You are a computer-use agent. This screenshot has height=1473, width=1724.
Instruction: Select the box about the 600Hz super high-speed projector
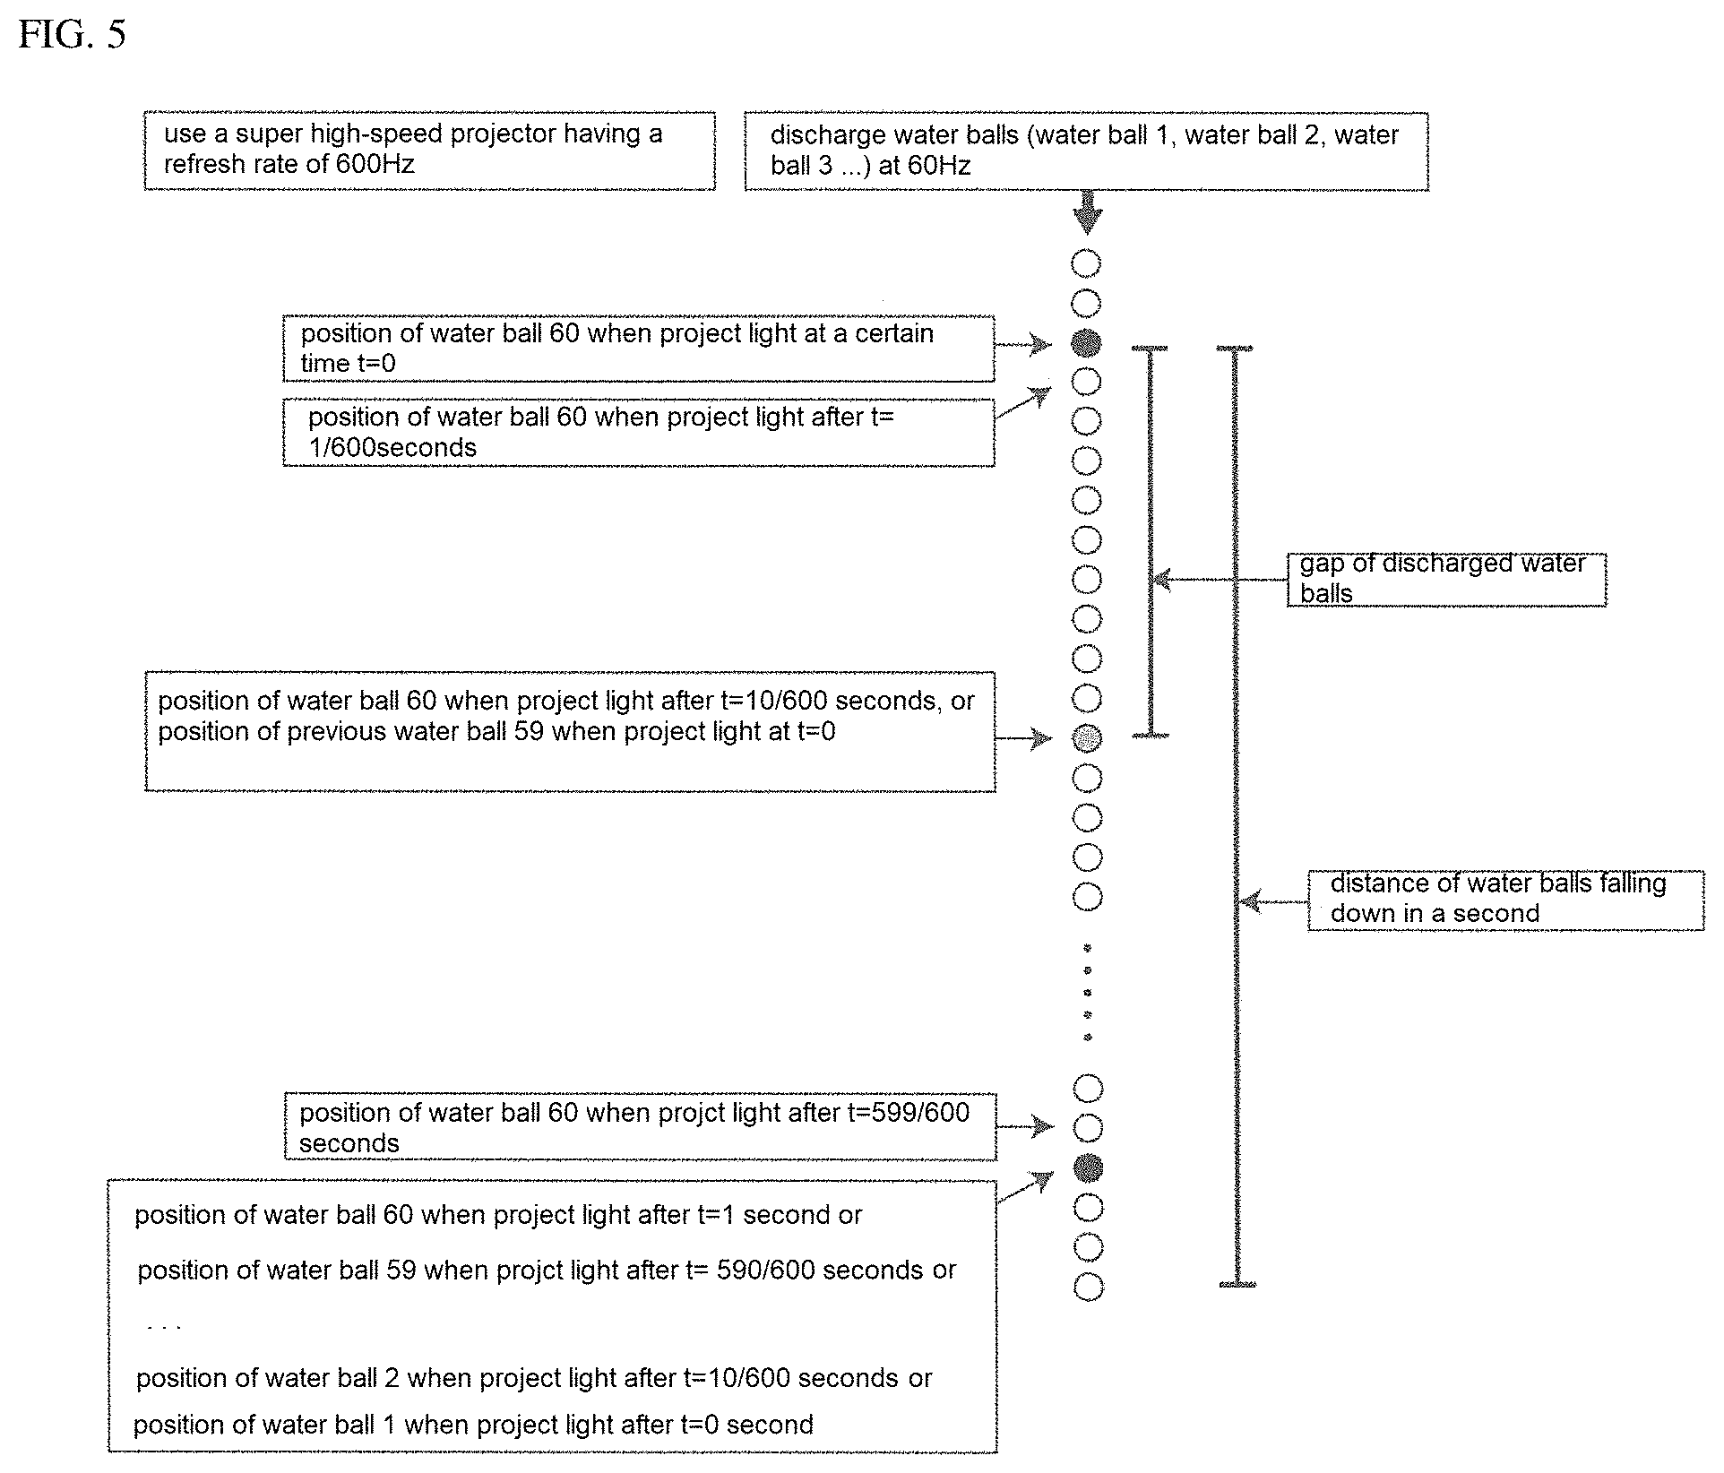pos(429,151)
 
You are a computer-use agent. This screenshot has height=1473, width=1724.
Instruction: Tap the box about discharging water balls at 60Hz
pos(1086,151)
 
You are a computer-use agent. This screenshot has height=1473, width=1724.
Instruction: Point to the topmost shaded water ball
pos(1086,343)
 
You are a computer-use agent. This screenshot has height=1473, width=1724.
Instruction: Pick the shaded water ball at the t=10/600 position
pos(1087,738)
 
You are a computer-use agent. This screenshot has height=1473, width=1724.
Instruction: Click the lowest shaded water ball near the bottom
pos(1088,1167)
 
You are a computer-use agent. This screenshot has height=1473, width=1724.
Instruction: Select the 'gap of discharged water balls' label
pos(1446,580)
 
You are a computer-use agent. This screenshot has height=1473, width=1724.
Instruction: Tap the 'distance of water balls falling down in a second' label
pos(1505,900)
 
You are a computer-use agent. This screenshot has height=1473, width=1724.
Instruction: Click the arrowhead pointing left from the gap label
pos(1161,580)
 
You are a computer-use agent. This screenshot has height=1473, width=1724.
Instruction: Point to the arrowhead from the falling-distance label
pos(1249,901)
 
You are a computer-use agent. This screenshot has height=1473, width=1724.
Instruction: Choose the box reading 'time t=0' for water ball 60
pos(638,349)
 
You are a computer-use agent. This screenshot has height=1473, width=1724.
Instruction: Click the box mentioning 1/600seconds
pos(638,433)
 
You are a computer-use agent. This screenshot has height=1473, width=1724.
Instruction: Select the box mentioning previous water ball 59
pos(570,731)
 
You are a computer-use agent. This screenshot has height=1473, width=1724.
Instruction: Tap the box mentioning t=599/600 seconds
pos(640,1127)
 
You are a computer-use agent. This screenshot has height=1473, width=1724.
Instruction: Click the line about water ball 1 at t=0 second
pos(473,1425)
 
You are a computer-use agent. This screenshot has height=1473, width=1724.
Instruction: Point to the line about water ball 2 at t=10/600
pos(534,1378)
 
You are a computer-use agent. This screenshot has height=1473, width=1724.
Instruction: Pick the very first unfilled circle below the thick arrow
pos(1086,263)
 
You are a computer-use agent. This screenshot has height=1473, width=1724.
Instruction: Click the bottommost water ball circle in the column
pos(1088,1287)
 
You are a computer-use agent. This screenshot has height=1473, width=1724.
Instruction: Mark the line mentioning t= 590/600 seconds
pos(547,1270)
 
